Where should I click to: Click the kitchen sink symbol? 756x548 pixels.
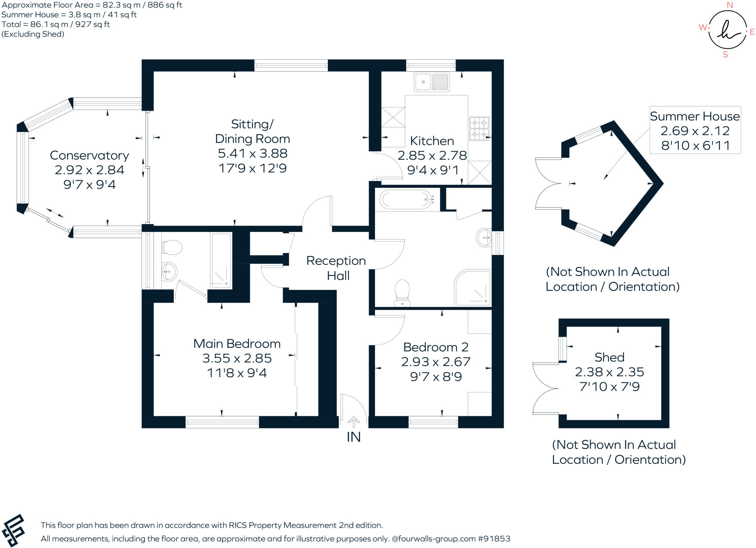pyautogui.click(x=432, y=82)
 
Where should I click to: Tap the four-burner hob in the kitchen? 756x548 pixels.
pyautogui.click(x=479, y=129)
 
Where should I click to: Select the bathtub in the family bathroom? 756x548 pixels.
pyautogui.click(x=406, y=199)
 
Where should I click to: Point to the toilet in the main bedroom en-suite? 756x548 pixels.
pyautogui.click(x=172, y=247)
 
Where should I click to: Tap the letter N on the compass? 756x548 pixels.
pyautogui.click(x=729, y=5)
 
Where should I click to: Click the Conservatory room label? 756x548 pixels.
pyautogui.click(x=89, y=155)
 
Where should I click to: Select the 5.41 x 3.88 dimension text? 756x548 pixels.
pyautogui.click(x=252, y=153)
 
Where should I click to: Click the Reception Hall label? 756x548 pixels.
pyautogui.click(x=336, y=268)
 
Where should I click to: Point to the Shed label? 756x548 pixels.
pyautogui.click(x=609, y=357)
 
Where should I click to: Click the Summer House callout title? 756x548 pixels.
pyautogui.click(x=695, y=116)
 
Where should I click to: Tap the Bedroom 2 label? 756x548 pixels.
pyautogui.click(x=436, y=347)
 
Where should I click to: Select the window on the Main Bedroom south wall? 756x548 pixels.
pyautogui.click(x=222, y=422)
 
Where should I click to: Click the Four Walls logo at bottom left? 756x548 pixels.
pyautogui.click(x=13, y=531)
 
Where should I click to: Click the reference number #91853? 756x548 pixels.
pyautogui.click(x=494, y=539)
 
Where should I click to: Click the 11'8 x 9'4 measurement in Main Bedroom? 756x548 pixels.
pyautogui.click(x=237, y=373)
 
